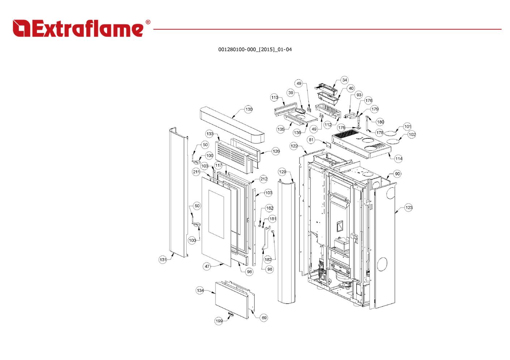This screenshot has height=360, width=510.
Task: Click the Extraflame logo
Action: [78, 29]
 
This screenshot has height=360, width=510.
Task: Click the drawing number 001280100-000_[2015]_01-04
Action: [255, 50]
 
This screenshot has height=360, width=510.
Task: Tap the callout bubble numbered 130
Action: [248, 109]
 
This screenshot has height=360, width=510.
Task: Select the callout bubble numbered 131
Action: [163, 260]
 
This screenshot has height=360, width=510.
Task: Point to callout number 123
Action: [408, 207]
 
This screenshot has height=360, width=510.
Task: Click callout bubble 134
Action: [200, 290]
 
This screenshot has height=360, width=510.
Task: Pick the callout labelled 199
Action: [219, 321]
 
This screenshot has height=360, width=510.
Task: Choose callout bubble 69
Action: [264, 318]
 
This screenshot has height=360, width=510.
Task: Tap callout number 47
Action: [207, 266]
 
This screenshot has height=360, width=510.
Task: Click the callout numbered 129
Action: [282, 172]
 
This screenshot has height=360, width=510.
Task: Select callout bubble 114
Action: [399, 158]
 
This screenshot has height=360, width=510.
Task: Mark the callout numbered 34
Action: [344, 80]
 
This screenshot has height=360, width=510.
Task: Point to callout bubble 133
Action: [210, 134]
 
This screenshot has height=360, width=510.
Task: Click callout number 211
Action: [196, 172]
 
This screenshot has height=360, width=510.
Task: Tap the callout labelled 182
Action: [268, 259]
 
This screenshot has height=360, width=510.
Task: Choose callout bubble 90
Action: [398, 174]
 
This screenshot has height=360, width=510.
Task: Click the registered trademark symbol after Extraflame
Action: [148, 22]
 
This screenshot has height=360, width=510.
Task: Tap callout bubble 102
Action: [412, 134]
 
